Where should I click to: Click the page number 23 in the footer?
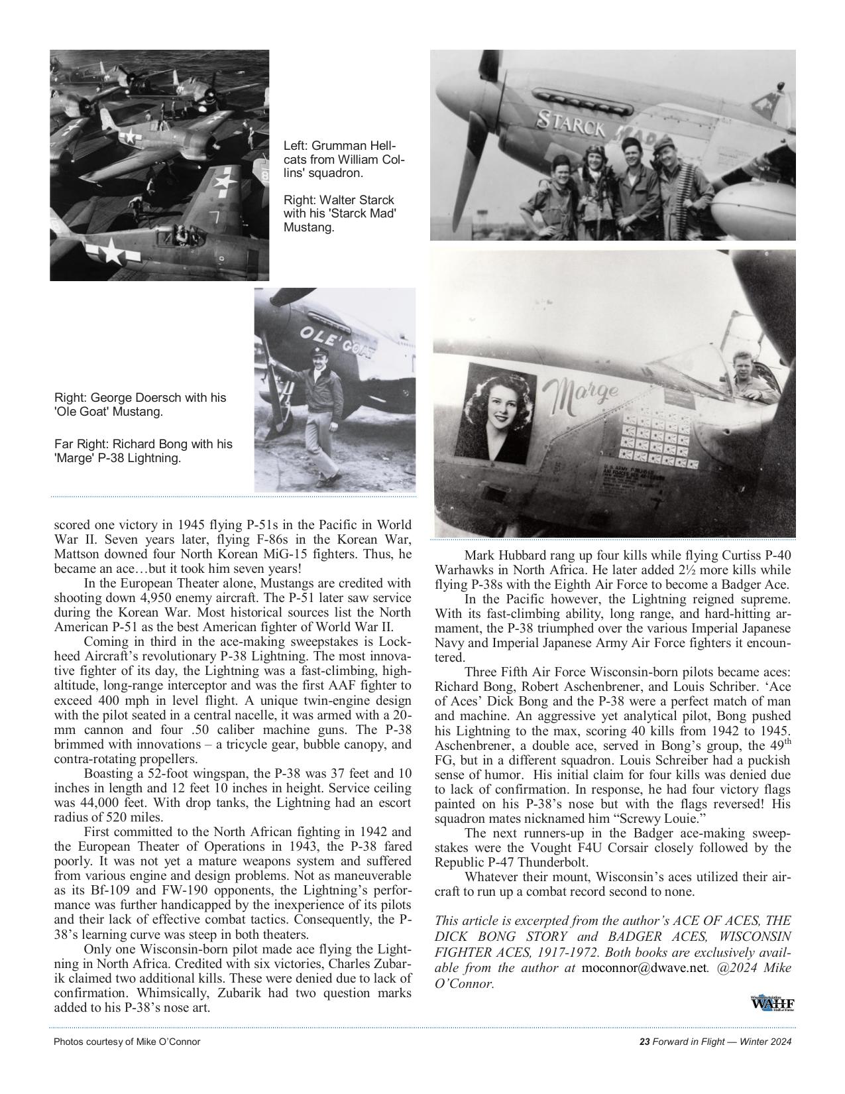644,1042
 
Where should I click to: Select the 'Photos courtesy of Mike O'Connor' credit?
127,1042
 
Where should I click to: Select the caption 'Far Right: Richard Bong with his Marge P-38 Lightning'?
143,451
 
